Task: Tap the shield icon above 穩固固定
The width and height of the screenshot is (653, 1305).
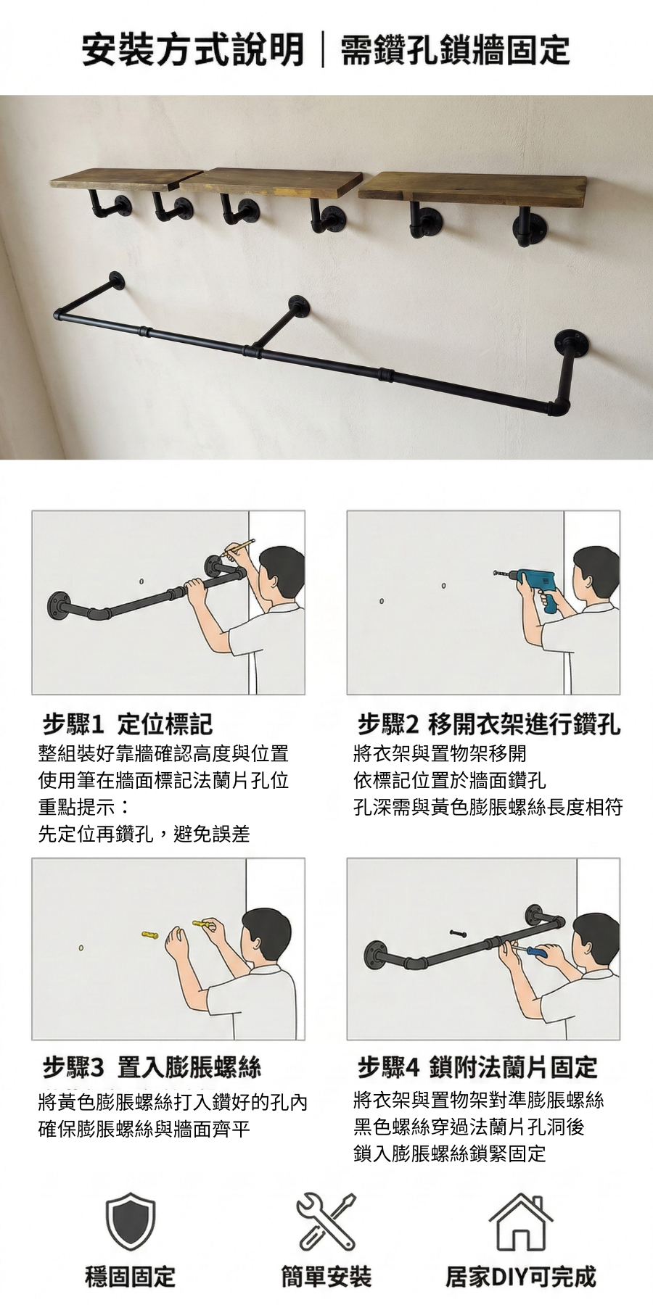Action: click(x=131, y=1222)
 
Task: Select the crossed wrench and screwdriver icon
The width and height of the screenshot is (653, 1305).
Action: click(x=326, y=1221)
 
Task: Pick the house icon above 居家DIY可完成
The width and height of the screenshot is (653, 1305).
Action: click(x=521, y=1221)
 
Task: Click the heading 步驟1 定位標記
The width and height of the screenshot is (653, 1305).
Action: click(x=128, y=723)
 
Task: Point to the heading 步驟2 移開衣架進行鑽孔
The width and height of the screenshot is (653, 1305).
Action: click(x=489, y=723)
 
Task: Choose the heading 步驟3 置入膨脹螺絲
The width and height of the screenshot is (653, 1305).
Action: click(x=152, y=1066)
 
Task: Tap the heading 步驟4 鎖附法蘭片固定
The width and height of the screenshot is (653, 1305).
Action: click(x=477, y=1066)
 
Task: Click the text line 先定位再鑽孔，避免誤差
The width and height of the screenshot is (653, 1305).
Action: click(x=144, y=834)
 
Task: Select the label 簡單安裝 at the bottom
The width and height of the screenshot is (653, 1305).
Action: click(x=326, y=1277)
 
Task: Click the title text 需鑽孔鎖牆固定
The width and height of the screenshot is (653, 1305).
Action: click(x=455, y=50)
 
